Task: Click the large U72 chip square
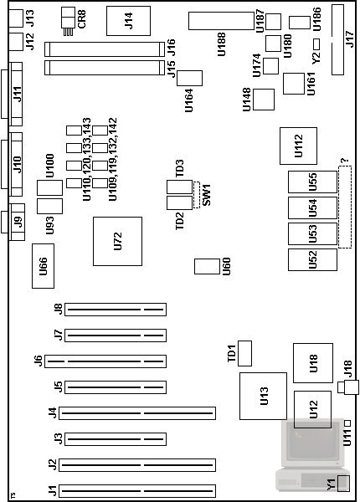click(x=117, y=242)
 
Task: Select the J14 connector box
click(x=128, y=21)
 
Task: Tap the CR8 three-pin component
click(x=68, y=22)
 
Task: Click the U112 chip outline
click(x=299, y=146)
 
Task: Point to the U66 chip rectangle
click(x=43, y=266)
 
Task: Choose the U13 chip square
click(x=263, y=396)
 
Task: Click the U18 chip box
click(x=313, y=363)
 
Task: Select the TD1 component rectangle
click(x=245, y=353)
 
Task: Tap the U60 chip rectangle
click(x=208, y=266)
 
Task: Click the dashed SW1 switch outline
click(x=197, y=195)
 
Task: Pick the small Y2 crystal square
click(x=316, y=44)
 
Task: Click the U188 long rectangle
click(x=221, y=21)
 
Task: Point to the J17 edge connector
click(x=338, y=39)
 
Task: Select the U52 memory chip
click(x=312, y=259)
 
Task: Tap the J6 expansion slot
click(x=105, y=361)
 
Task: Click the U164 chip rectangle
click(x=189, y=79)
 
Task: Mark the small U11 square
click(x=347, y=423)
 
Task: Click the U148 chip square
click(x=264, y=100)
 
